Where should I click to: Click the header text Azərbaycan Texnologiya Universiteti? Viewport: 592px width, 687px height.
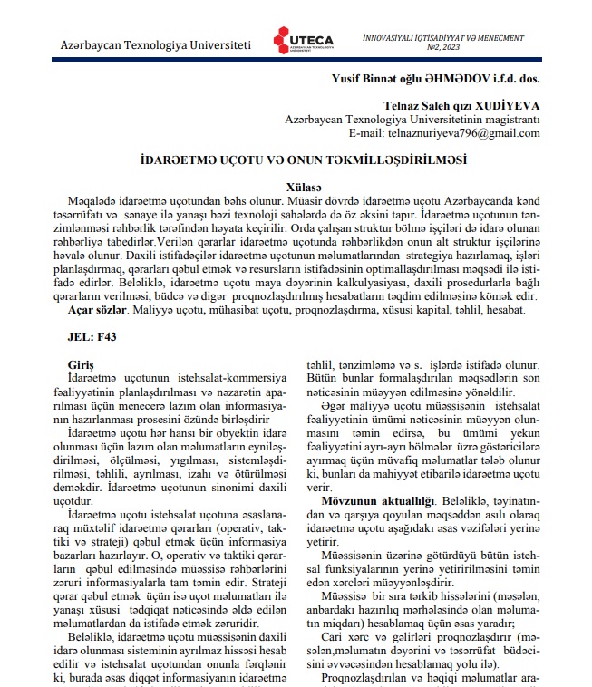155,44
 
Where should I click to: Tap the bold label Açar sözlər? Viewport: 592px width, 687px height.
92,310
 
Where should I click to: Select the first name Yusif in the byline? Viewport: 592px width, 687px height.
350,78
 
